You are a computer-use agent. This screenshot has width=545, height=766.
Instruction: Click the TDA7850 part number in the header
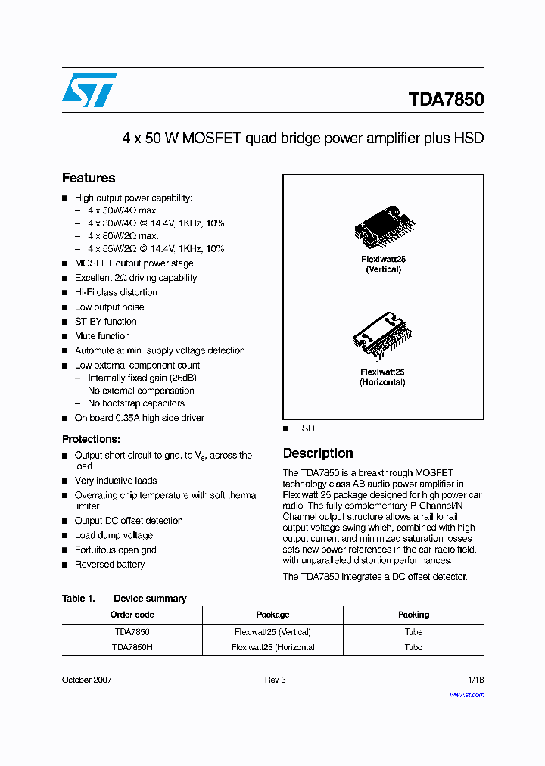[x=445, y=100]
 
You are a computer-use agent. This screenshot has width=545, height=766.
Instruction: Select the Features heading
[x=89, y=178]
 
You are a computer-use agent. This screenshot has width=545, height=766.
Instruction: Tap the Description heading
[x=317, y=453]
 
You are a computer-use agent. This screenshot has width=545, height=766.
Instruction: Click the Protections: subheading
[x=91, y=439]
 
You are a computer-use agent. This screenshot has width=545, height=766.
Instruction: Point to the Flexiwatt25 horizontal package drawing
[x=382, y=338]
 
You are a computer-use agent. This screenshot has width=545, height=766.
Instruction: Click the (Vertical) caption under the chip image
[x=383, y=269]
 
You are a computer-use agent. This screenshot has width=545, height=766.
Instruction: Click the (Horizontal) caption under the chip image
[x=382, y=382]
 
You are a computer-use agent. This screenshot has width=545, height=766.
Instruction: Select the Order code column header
[x=132, y=615]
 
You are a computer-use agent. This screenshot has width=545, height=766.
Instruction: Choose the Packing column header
[x=413, y=615]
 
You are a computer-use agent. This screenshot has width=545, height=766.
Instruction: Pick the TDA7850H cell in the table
[x=132, y=647]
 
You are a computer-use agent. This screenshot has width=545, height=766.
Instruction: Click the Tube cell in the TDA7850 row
[x=413, y=631]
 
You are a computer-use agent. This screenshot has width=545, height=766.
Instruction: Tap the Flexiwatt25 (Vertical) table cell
[x=272, y=631]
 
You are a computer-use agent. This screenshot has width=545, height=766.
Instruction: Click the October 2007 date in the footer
[x=87, y=680]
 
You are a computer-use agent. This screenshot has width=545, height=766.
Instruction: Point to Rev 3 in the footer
[x=275, y=680]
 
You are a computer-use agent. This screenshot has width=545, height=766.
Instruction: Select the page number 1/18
[x=474, y=680]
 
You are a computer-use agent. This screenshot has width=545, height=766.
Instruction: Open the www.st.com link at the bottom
[x=466, y=695]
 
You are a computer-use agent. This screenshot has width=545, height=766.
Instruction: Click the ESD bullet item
[x=305, y=428]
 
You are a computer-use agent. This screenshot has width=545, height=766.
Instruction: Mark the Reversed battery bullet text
[x=110, y=565]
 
